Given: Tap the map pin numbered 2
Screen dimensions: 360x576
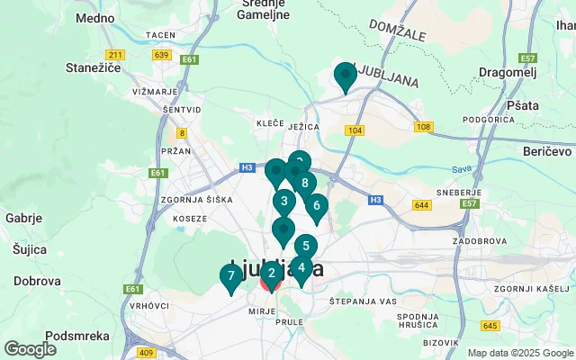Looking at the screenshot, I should click(272, 274).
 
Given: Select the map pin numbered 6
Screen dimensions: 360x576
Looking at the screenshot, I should click(316, 206).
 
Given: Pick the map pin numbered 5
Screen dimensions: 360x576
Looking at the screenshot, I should click(306, 246).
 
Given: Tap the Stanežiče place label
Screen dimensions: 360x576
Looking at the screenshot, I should click(88, 67).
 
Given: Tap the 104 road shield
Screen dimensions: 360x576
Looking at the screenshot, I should click(355, 130).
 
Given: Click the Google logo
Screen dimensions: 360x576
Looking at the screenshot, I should click(30, 349).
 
